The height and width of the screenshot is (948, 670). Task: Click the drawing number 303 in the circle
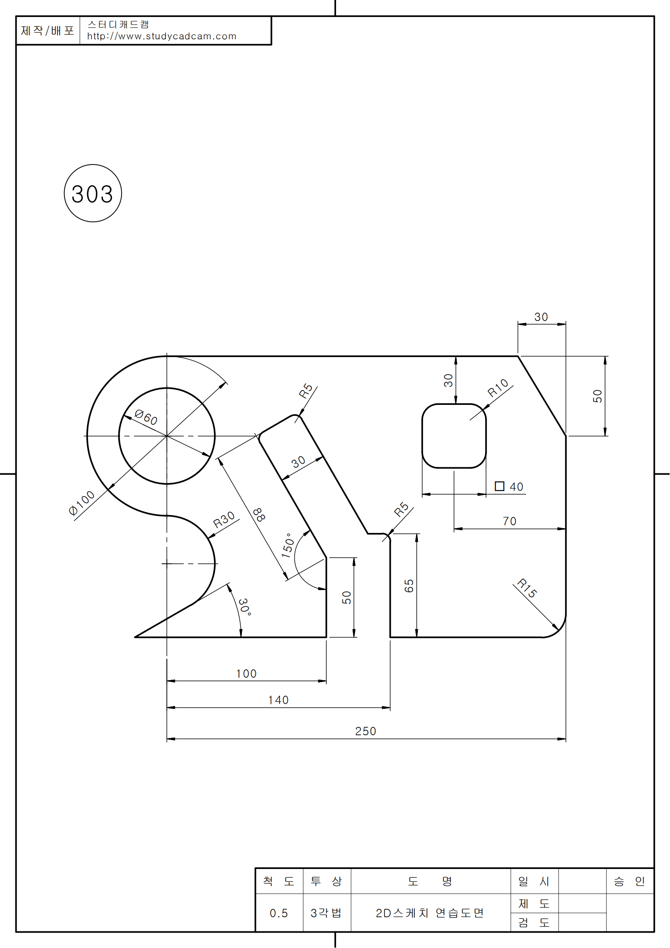click(92, 194)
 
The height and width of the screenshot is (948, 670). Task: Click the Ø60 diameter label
click(146, 417)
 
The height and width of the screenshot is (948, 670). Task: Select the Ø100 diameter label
click(81, 503)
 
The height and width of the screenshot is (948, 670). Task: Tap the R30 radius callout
click(224, 520)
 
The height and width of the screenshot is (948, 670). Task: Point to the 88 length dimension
click(259, 515)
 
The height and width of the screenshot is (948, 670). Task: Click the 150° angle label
click(288, 546)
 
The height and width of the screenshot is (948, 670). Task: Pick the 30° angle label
click(244, 607)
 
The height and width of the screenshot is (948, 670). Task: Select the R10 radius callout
click(498, 388)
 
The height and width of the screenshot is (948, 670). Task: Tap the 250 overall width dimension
click(366, 731)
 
